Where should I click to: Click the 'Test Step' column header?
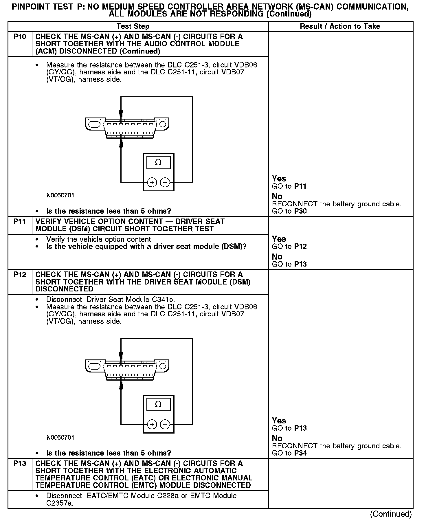[133, 26]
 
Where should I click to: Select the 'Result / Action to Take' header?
[340, 26]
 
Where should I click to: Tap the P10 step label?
[20, 37]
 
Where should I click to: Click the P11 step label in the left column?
[20, 222]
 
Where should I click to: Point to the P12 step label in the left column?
[20, 275]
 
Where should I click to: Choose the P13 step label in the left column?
[20, 464]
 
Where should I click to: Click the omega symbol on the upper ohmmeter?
[158, 163]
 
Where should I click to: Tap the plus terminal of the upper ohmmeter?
[152, 182]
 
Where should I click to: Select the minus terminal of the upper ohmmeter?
[165, 182]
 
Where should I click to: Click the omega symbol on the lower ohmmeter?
[158, 404]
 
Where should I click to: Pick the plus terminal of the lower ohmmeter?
[152, 424]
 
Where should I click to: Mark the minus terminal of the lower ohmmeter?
[165, 424]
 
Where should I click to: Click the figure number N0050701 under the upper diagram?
[60, 195]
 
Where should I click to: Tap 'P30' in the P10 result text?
[301, 211]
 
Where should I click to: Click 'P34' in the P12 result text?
[301, 453]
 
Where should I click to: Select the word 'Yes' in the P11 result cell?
[279, 239]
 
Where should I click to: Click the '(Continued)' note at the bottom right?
[391, 514]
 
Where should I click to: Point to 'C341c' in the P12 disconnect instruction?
[164, 300]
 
